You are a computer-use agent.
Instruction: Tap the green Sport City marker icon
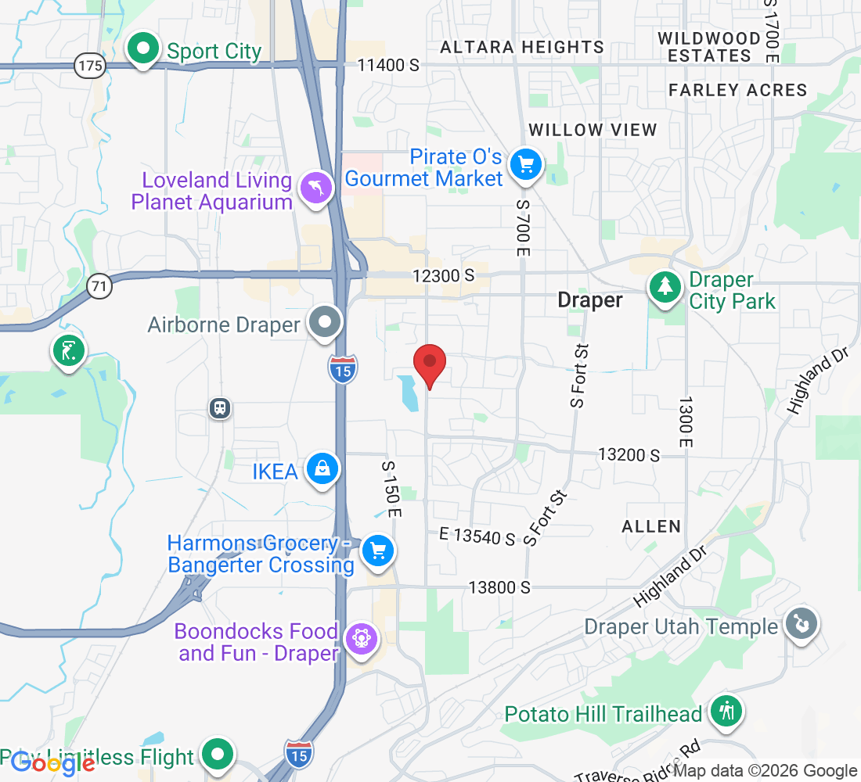142,49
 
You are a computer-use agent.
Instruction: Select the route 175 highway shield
91,66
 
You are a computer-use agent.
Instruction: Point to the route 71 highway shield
99,286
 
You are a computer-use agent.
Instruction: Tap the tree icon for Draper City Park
665,287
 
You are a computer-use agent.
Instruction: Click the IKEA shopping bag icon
322,469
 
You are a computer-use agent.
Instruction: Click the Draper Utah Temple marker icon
801,624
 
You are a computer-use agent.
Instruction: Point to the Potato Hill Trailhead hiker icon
726,712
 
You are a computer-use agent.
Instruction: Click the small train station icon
221,407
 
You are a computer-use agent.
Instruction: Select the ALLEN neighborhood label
651,526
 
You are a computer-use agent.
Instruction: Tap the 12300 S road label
445,275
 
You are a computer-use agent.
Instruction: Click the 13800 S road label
499,586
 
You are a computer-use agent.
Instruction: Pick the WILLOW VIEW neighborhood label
593,130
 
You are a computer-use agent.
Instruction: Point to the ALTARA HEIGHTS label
521,48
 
